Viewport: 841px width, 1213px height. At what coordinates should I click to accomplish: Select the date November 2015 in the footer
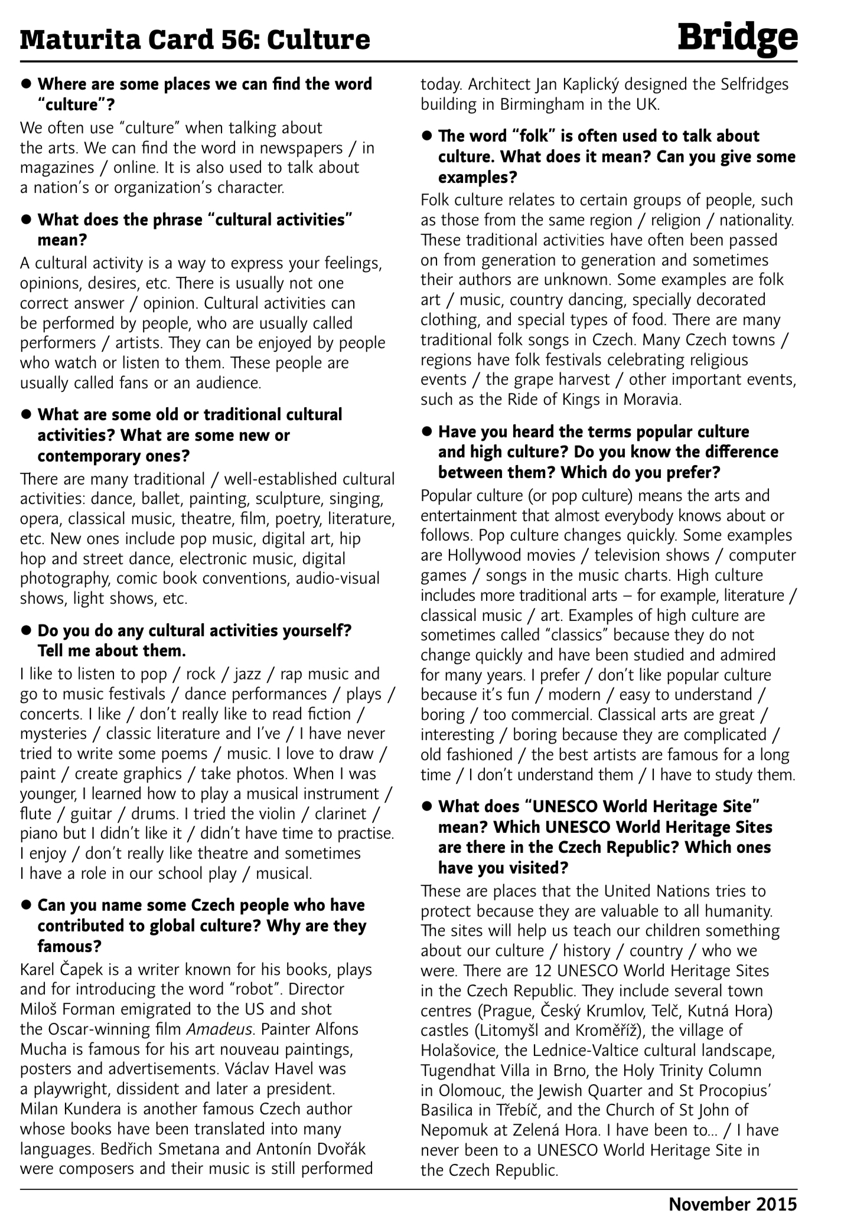coord(732,1199)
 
